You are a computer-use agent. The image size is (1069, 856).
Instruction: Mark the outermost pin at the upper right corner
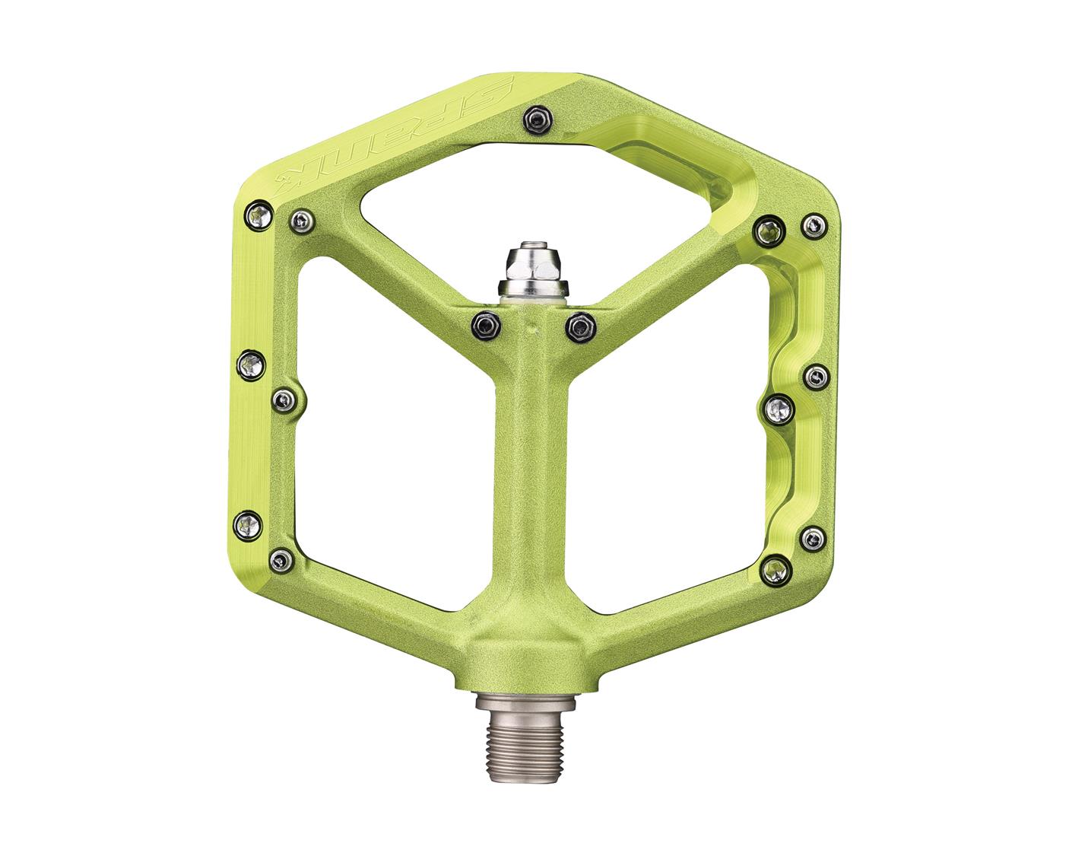tap(814, 224)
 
